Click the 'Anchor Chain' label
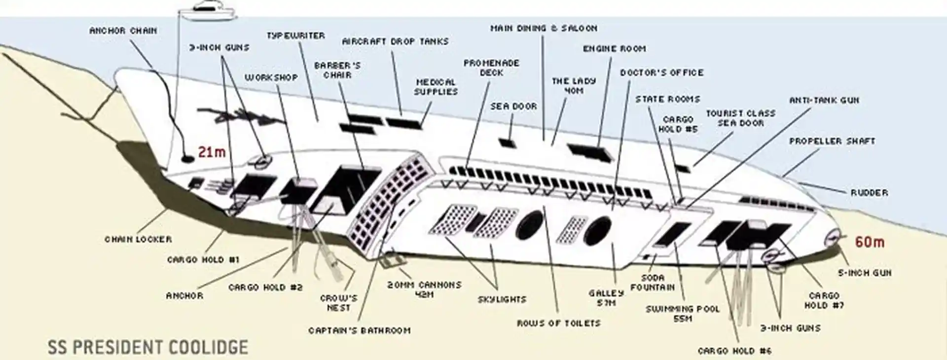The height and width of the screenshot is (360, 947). click(x=123, y=31)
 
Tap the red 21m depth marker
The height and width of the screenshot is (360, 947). click(x=212, y=152)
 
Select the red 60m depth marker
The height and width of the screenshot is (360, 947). click(x=870, y=242)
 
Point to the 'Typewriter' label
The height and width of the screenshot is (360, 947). click(x=295, y=36)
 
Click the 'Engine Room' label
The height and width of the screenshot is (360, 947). click(x=614, y=48)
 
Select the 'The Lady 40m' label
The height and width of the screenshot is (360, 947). click(x=574, y=85)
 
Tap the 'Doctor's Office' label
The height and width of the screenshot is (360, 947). click(x=662, y=72)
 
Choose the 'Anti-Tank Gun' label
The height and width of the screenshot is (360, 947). click(x=824, y=100)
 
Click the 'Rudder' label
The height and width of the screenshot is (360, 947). click(x=869, y=192)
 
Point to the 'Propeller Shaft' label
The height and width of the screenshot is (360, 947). click(x=832, y=141)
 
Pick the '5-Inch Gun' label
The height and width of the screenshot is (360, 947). click(x=865, y=273)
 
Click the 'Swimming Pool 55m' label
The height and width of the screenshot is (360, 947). click(x=683, y=314)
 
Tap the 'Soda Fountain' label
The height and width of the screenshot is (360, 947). click(x=652, y=283)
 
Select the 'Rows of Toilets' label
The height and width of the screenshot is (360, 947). click(x=558, y=324)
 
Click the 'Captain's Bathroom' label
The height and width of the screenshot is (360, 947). click(x=359, y=330)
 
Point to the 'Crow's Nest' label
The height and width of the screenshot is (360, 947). click(x=338, y=303)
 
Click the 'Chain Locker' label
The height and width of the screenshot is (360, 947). click(x=138, y=239)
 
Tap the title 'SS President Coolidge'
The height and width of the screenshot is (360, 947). click(x=147, y=347)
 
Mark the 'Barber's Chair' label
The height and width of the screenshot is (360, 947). click(x=337, y=70)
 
